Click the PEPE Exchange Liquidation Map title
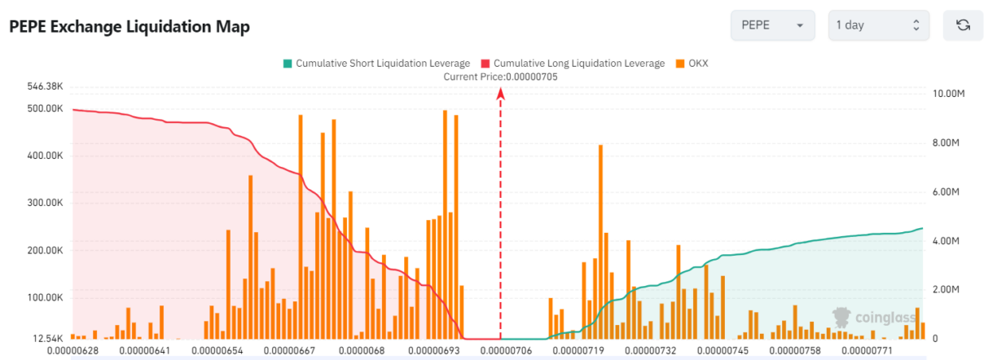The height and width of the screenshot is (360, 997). (x=130, y=27)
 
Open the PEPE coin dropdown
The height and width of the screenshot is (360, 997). (x=773, y=25)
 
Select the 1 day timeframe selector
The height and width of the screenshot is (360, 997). (x=879, y=25)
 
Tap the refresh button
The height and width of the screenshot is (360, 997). (x=963, y=25)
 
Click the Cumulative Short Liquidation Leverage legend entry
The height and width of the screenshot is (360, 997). (x=376, y=64)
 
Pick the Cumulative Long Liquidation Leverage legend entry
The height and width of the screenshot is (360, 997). (x=573, y=64)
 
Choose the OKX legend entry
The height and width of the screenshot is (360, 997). (x=692, y=64)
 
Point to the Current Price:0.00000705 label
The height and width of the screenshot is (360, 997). (x=500, y=77)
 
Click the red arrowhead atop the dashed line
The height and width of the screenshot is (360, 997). (x=501, y=93)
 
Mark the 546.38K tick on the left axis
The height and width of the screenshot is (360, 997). (x=45, y=86)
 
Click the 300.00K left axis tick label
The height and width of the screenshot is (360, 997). (x=45, y=203)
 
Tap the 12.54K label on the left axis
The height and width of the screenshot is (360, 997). (x=47, y=339)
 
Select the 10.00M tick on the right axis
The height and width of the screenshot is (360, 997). (x=948, y=94)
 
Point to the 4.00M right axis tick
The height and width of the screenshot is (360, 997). (x=946, y=241)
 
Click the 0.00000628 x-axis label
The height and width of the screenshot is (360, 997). (x=72, y=351)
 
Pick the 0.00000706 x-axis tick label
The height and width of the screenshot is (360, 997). (x=506, y=351)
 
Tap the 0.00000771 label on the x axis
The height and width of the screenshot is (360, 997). (x=867, y=351)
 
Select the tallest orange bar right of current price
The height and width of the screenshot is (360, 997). (x=601, y=242)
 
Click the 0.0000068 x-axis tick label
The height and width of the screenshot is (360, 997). (x=362, y=351)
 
